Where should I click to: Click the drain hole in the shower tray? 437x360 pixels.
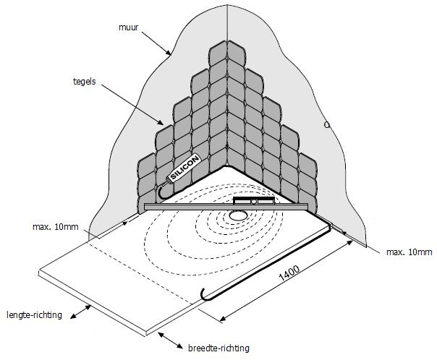[x=237, y=215]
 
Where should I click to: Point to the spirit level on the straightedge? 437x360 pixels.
[x=254, y=200]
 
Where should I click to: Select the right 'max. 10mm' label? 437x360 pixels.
[x=409, y=252]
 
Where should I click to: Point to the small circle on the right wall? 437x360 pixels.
[x=327, y=124]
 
